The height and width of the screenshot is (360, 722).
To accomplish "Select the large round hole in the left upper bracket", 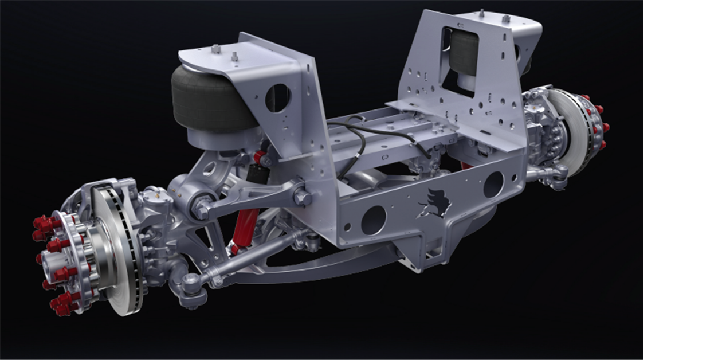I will click(x=278, y=97).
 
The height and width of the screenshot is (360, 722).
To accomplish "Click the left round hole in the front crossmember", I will click(x=373, y=220).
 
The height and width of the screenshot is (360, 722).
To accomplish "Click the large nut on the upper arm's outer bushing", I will click(x=201, y=209).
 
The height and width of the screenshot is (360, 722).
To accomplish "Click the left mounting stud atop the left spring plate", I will click(x=216, y=50).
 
